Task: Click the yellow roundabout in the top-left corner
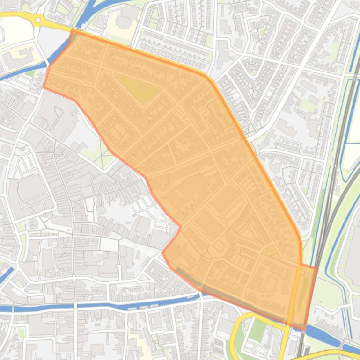tap(38, 20)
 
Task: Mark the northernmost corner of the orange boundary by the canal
tap(71, 30)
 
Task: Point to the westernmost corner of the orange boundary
tap(44, 87)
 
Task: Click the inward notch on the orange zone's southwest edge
tap(179, 228)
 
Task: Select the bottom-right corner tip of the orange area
tap(305, 329)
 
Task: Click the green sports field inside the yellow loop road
tap(257, 330)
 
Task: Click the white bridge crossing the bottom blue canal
tap(74, 306)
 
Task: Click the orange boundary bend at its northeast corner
tap(206, 75)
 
